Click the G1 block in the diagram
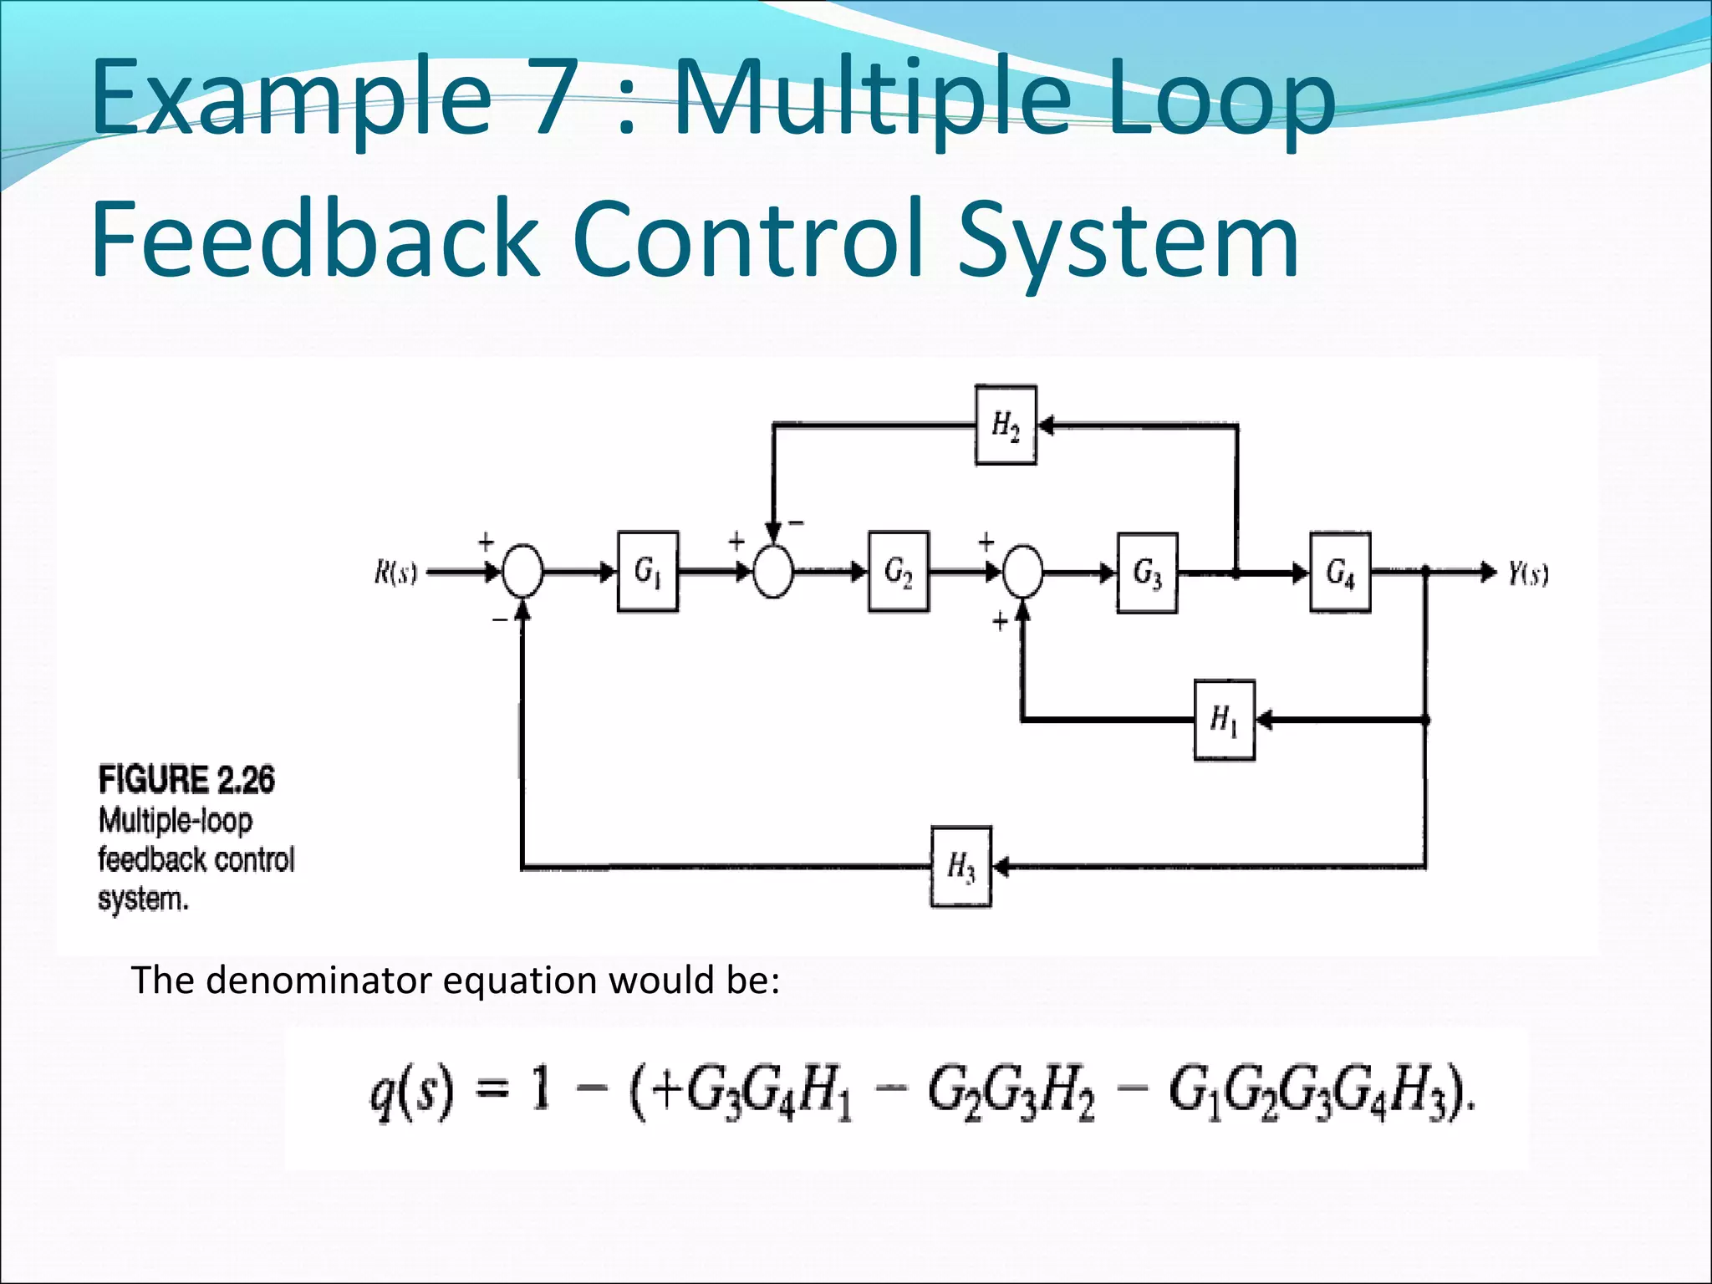coord(648,572)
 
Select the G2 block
coord(899,572)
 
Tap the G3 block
coord(1148,573)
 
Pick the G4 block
coord(1340,573)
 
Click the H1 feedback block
coord(1225,720)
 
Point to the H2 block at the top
coord(1006,425)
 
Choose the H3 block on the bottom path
coord(961,867)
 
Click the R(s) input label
coord(395,574)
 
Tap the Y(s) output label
coord(1528,574)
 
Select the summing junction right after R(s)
coord(522,572)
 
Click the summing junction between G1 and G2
coord(773,573)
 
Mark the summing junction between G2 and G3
coord(1022,573)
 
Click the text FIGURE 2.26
coord(186,780)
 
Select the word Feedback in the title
coord(313,238)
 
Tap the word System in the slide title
coord(1129,238)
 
